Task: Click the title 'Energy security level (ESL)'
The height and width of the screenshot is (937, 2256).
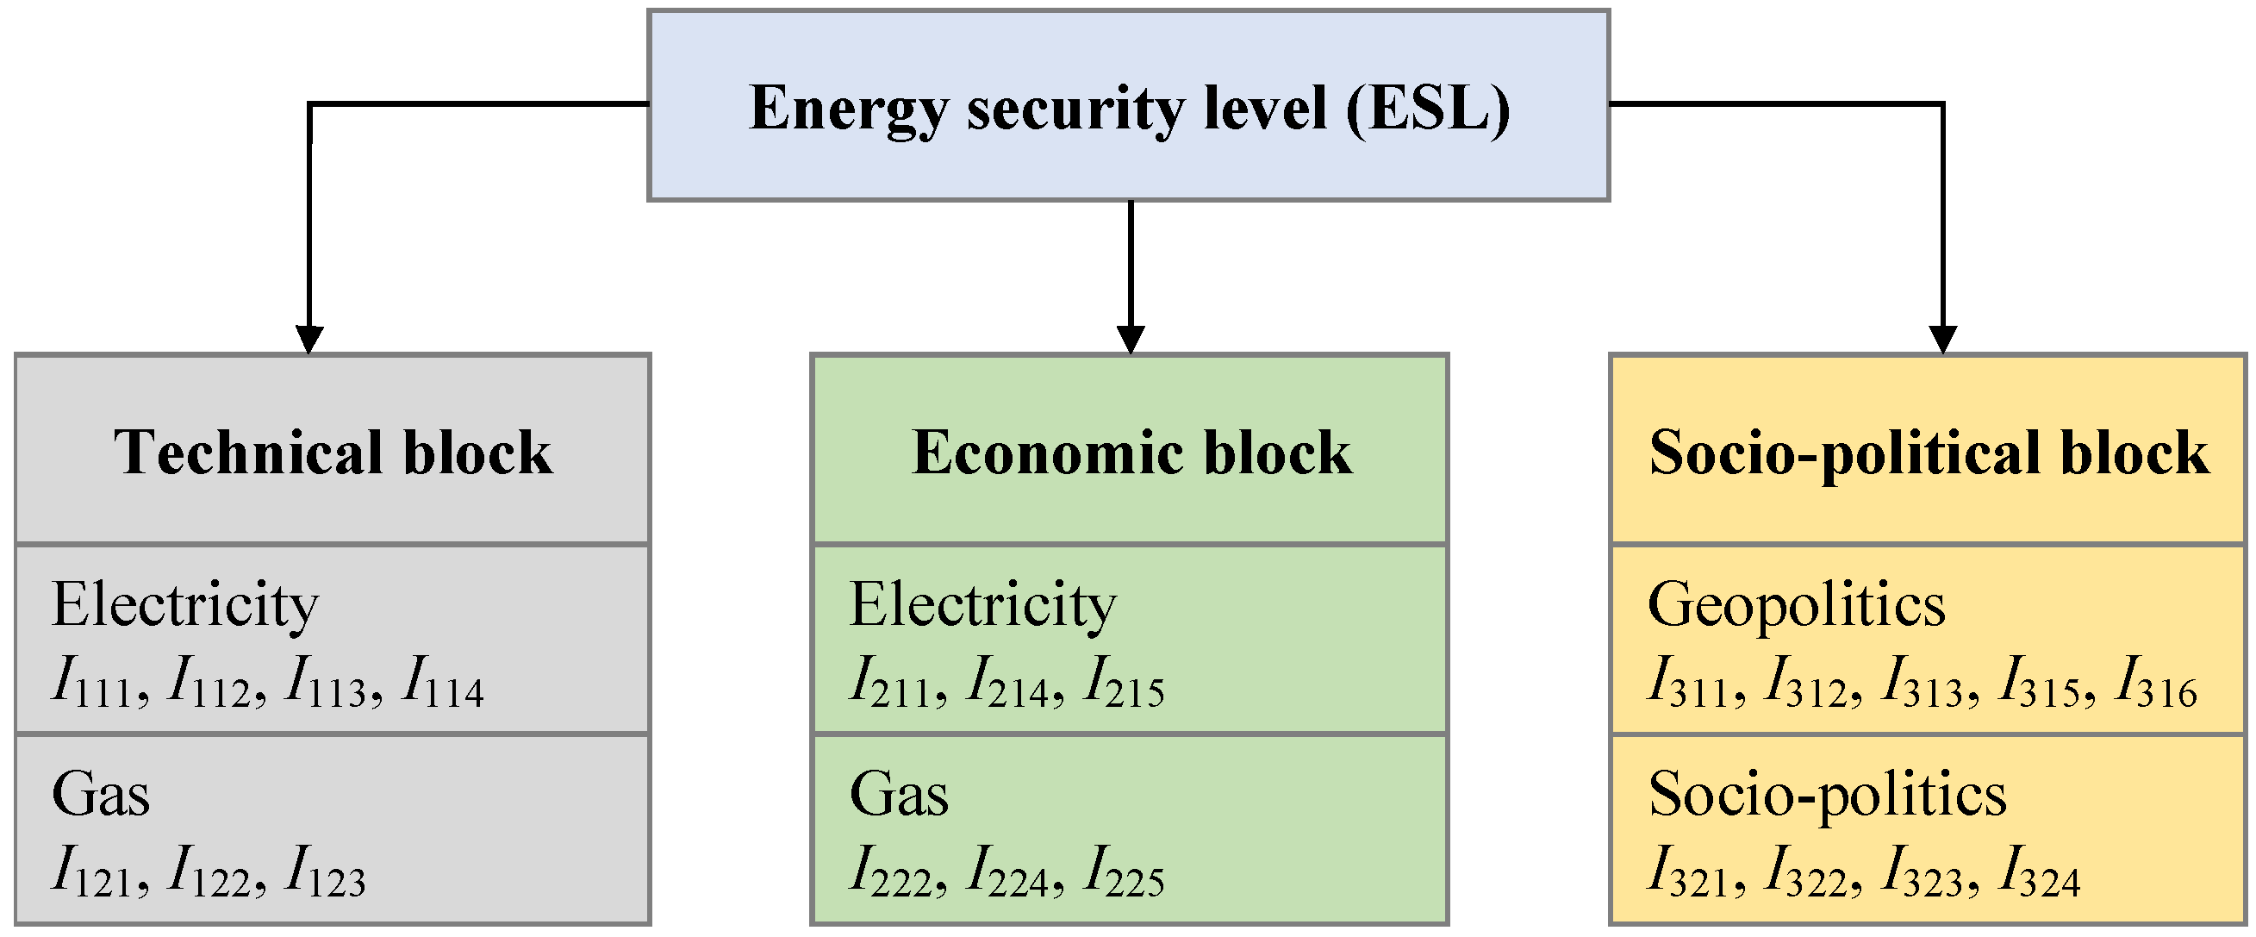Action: [x=1129, y=109]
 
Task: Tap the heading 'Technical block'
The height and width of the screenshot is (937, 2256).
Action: [x=333, y=453]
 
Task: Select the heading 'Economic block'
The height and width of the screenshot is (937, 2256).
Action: [x=1131, y=453]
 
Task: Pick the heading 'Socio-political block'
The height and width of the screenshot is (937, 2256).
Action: [x=1929, y=453]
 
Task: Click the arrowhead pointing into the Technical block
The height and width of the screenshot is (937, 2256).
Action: [x=309, y=340]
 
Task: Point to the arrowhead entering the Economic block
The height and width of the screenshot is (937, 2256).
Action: [x=1131, y=340]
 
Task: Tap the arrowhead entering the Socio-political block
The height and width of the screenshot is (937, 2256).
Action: [x=1943, y=340]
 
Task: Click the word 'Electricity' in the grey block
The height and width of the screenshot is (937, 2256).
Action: [x=184, y=605]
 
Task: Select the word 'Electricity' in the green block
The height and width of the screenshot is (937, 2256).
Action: [x=982, y=605]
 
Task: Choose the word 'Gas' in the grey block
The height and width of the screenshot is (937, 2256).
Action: [x=101, y=794]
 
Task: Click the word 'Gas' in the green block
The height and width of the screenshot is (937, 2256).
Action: [x=899, y=794]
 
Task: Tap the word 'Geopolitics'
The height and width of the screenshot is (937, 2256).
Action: [x=1797, y=605]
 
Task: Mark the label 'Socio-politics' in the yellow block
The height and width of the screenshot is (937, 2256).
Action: [x=1828, y=794]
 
